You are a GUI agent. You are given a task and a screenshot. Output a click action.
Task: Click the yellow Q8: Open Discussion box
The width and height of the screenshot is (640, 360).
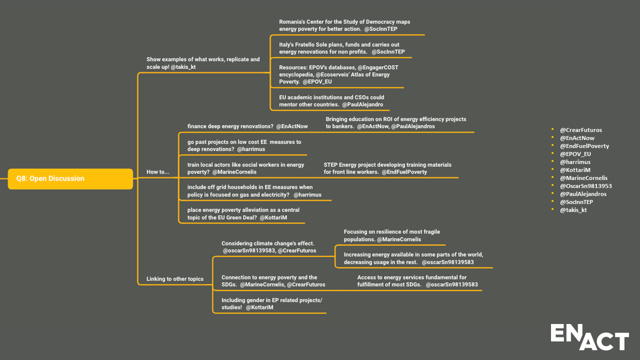click(x=70, y=178)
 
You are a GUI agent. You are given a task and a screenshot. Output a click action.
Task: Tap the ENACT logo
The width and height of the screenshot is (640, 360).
click(x=589, y=337)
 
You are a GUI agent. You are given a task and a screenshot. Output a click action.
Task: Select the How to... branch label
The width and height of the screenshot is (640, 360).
click(x=157, y=172)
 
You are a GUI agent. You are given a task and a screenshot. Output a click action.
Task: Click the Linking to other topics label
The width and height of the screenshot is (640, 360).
click(x=174, y=279)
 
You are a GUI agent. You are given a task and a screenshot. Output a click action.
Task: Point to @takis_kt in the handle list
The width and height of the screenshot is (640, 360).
click(x=573, y=210)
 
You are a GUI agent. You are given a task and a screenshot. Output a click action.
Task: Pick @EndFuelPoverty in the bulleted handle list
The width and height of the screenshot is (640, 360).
click(x=584, y=146)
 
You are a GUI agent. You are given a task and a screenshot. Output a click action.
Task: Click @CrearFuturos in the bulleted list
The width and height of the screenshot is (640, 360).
click(x=580, y=130)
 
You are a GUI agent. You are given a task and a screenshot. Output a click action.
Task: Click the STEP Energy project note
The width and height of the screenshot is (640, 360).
click(x=387, y=168)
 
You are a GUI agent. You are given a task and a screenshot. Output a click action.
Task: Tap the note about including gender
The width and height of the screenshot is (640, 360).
click(x=271, y=303)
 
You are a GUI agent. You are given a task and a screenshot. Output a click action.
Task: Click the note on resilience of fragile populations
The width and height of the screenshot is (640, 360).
click(x=391, y=235)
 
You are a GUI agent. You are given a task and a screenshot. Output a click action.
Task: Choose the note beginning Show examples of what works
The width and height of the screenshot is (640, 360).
click(x=202, y=62)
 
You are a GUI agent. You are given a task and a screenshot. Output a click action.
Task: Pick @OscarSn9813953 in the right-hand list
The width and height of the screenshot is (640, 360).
click(x=585, y=186)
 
